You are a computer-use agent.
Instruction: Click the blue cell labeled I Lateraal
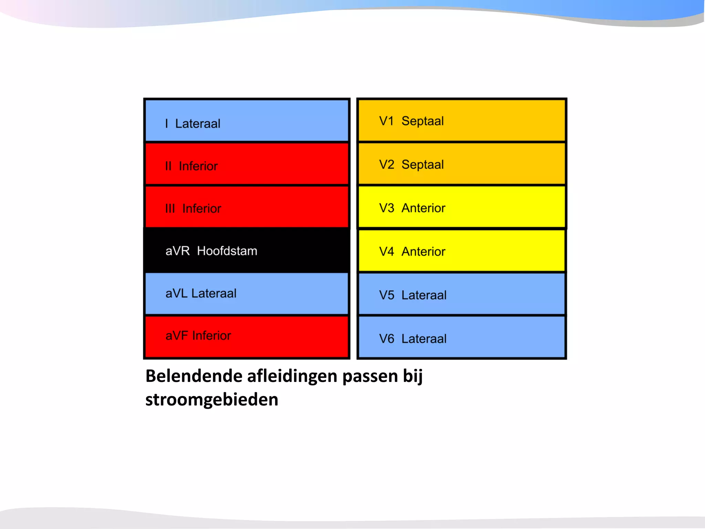tap(247, 121)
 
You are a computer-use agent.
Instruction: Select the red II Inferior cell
tap(247, 164)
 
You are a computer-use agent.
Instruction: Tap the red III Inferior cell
tap(247, 207)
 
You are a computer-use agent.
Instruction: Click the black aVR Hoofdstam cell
tap(247, 250)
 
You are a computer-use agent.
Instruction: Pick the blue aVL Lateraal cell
tap(247, 293)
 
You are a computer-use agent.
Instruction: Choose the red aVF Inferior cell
tap(247, 336)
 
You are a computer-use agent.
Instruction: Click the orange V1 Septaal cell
tap(461, 121)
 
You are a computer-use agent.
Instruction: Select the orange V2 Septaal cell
tap(461, 164)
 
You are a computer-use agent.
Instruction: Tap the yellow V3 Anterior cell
tap(461, 207)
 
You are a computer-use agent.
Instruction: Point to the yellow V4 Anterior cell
tap(461, 251)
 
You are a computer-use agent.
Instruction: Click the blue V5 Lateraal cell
tap(461, 294)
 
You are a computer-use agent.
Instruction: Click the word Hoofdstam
tap(227, 251)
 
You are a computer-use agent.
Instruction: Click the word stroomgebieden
tap(212, 400)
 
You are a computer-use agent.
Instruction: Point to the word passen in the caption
tap(370, 376)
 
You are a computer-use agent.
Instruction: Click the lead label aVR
tap(177, 251)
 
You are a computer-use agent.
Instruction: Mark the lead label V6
tap(386, 339)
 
